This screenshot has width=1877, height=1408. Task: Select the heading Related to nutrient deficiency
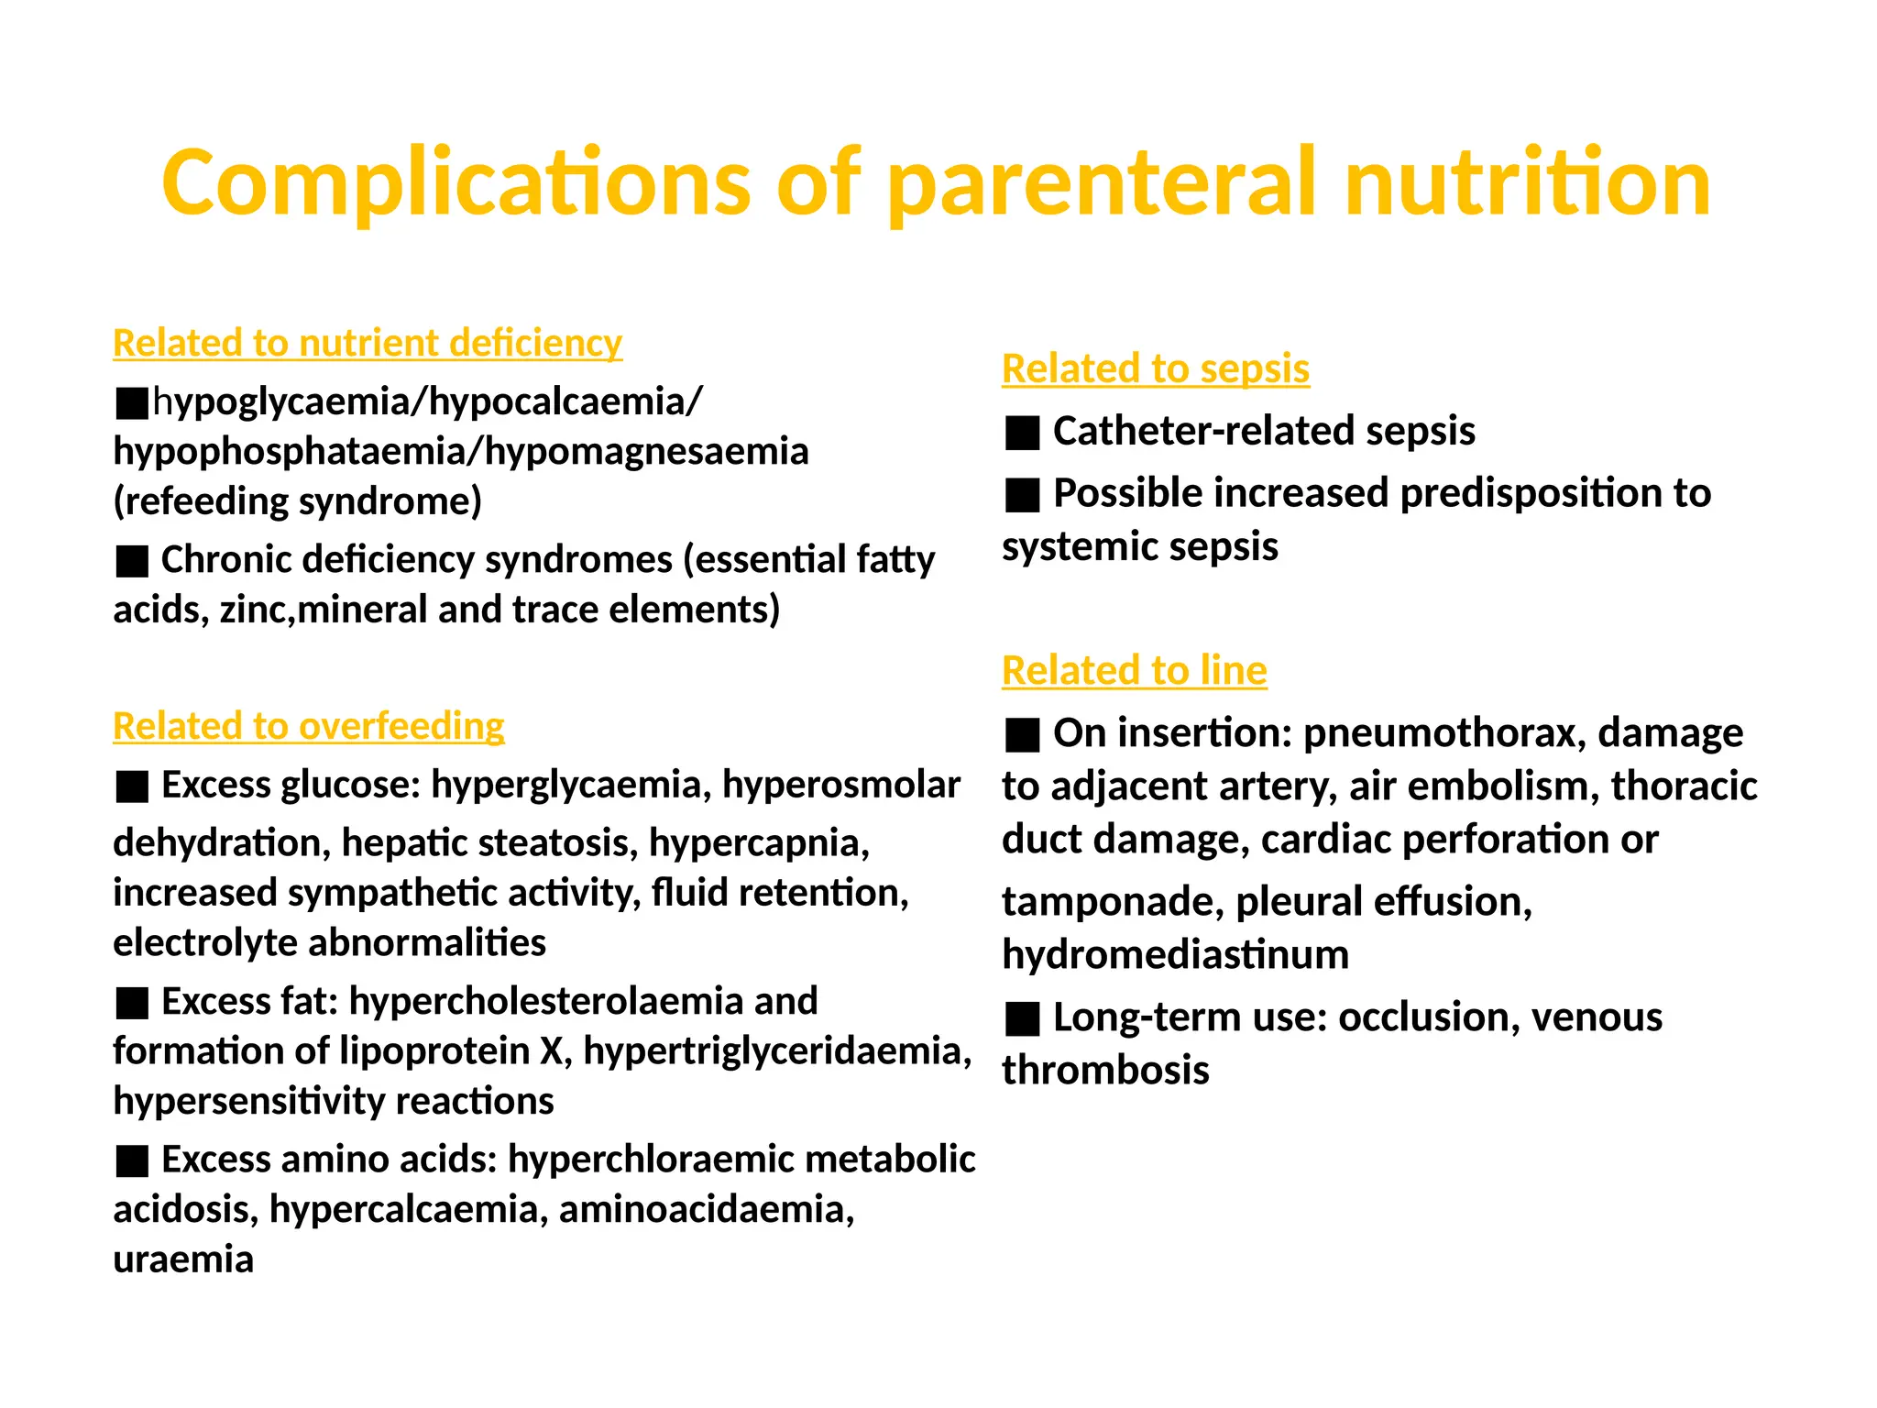point(368,343)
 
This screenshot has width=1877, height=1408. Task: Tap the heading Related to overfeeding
point(308,726)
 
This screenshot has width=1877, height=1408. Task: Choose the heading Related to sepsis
point(1155,368)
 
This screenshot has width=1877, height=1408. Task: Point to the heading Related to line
point(1134,670)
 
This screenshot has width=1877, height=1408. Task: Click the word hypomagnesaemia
point(646,451)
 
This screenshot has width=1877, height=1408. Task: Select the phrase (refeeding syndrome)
point(297,501)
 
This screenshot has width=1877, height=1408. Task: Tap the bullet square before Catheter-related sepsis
point(1022,432)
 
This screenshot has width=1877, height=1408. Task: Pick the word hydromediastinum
point(1175,954)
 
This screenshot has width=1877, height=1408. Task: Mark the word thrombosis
point(1105,1070)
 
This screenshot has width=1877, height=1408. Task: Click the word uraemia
point(183,1259)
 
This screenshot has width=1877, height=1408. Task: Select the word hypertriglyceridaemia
point(777,1050)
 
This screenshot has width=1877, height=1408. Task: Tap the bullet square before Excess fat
point(133,1003)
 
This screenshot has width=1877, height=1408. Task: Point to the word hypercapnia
point(759,842)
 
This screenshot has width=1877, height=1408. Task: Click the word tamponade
point(1112,901)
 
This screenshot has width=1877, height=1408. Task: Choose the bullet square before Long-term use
point(1022,1018)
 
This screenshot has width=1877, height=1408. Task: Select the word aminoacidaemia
point(706,1209)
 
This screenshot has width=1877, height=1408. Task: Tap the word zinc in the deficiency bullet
point(256,610)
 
